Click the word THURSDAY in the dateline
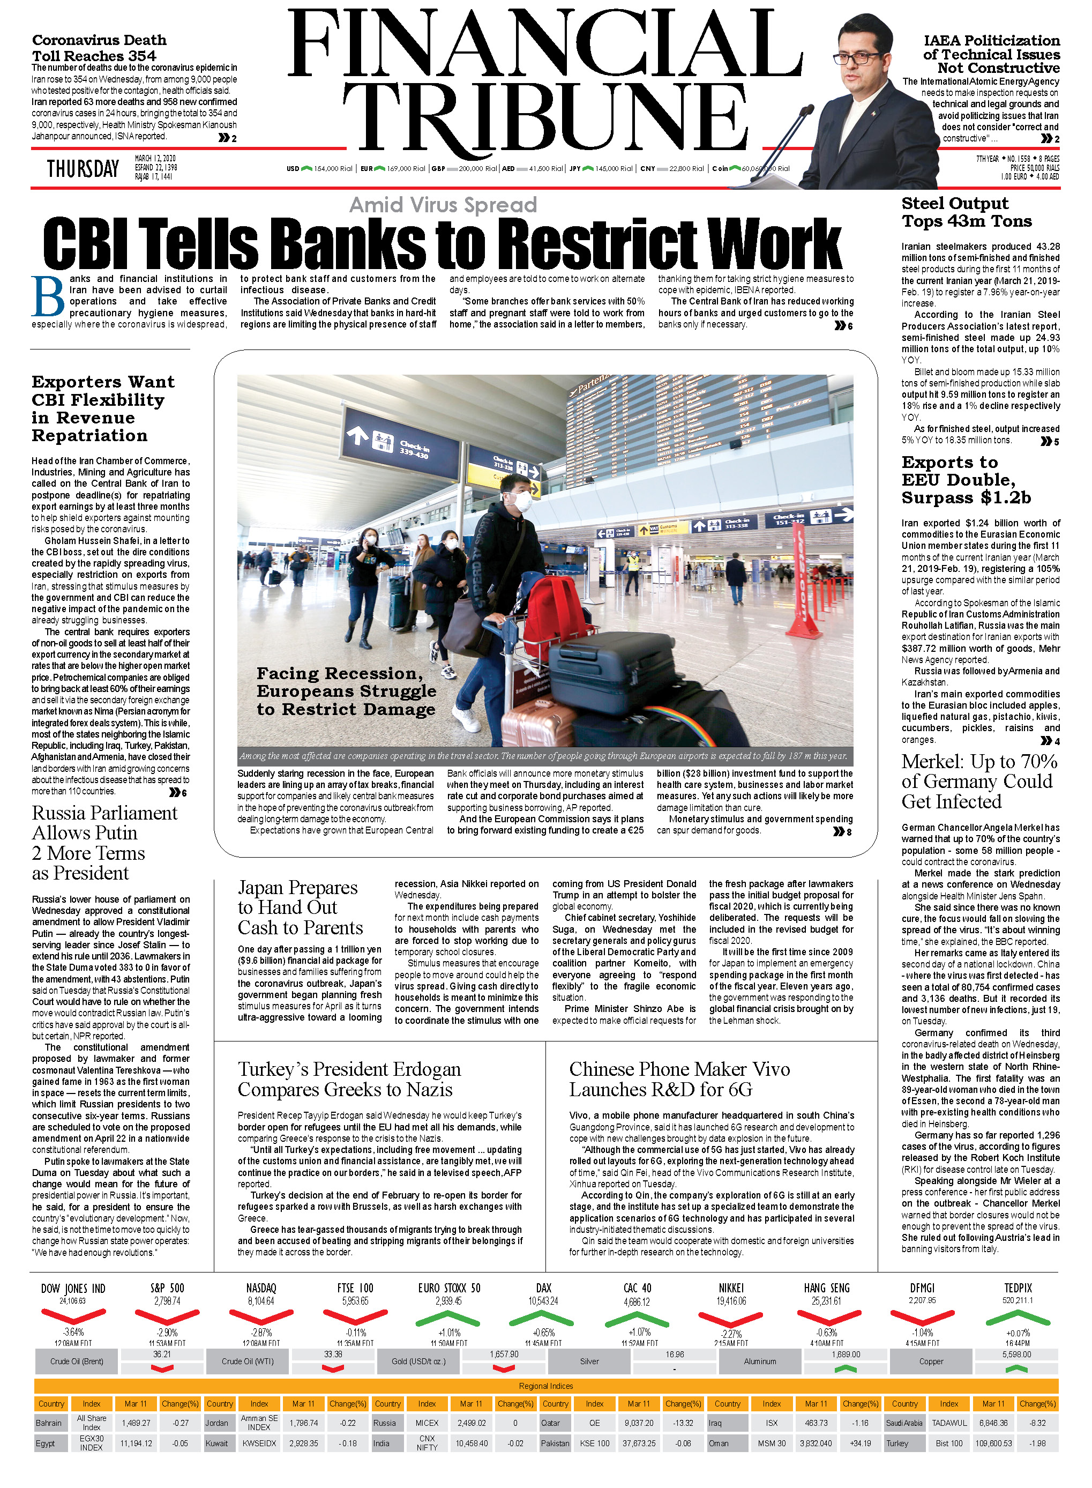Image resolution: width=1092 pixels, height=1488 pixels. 83,169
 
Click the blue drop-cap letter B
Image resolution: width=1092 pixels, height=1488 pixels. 48,296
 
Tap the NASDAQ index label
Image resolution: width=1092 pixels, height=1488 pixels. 261,1288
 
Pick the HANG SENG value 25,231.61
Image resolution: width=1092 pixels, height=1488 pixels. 826,1301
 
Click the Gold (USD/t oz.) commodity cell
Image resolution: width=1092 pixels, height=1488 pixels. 418,1361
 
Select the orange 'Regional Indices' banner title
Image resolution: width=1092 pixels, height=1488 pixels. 546,1386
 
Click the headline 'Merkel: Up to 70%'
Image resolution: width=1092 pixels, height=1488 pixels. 979,762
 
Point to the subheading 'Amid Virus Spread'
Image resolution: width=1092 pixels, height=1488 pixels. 443,205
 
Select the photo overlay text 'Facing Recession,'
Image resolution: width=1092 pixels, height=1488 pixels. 340,673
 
